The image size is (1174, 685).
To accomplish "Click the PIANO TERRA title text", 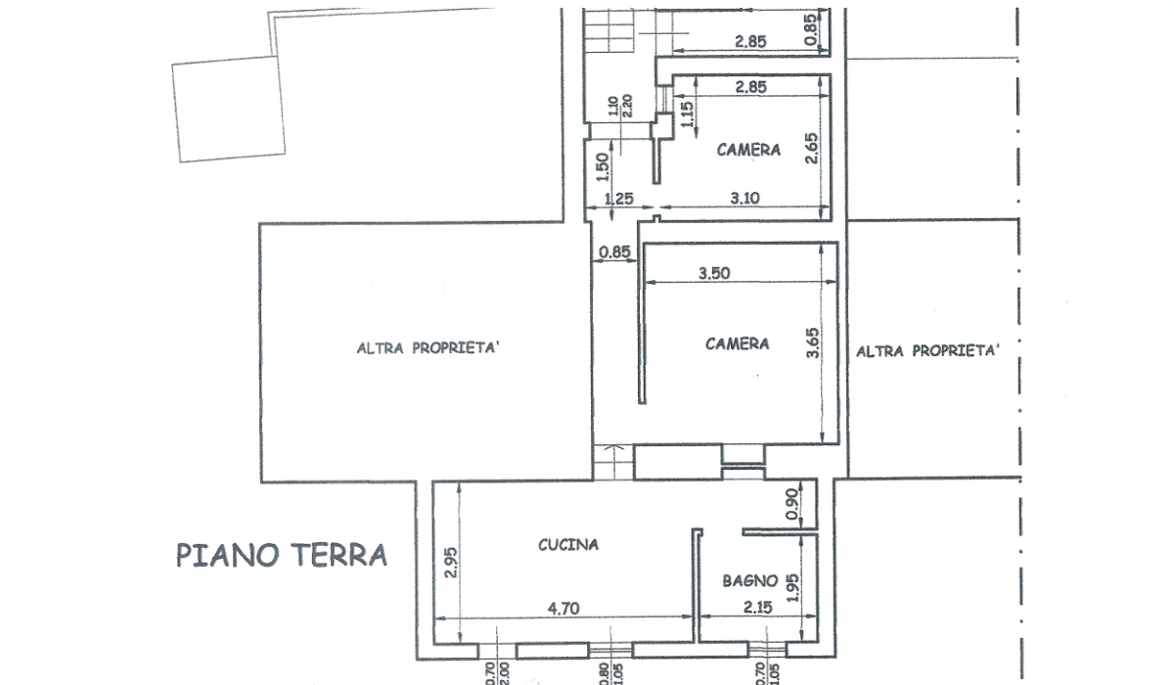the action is (x=282, y=556).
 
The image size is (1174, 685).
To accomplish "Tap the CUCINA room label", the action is (x=568, y=545).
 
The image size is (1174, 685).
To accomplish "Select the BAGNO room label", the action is (x=750, y=580).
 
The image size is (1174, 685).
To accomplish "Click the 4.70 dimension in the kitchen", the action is (x=564, y=608).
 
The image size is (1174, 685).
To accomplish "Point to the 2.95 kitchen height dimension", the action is (x=451, y=563).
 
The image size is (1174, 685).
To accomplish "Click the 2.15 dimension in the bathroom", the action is (x=758, y=607).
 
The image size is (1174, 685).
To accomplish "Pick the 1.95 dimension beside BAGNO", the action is (x=793, y=588).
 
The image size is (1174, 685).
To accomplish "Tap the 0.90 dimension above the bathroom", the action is (x=793, y=504).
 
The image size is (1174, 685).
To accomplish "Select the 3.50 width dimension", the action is (x=714, y=273).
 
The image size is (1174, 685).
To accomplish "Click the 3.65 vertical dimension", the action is (x=812, y=342).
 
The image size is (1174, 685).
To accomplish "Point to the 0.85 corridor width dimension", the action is (x=614, y=252).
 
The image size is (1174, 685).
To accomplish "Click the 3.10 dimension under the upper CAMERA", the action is (x=745, y=198).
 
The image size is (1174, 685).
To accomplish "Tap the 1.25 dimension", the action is (x=619, y=199).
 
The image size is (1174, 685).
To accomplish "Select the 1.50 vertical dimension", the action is (x=603, y=167).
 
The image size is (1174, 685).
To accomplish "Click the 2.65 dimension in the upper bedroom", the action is (x=811, y=149).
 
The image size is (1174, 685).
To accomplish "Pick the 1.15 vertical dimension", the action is (x=687, y=114).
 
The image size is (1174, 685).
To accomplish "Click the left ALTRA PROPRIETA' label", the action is (x=428, y=348).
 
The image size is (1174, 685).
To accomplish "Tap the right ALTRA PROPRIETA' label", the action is (x=927, y=350).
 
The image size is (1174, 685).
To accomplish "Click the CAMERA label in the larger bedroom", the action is (x=737, y=343).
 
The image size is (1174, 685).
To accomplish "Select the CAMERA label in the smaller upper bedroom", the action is (x=748, y=150).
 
